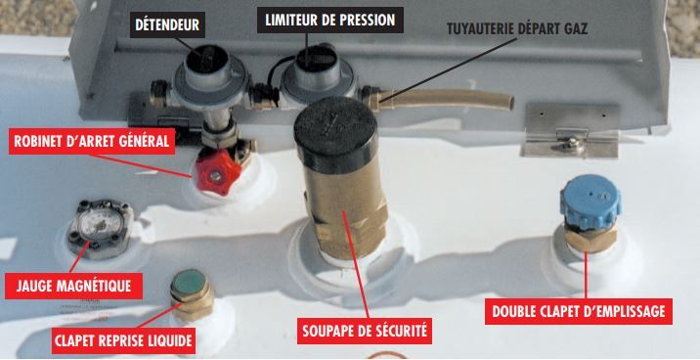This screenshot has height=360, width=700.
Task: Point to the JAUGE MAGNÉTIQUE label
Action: click(x=73, y=286)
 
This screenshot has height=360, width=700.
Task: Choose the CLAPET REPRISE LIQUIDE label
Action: click(x=121, y=341)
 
